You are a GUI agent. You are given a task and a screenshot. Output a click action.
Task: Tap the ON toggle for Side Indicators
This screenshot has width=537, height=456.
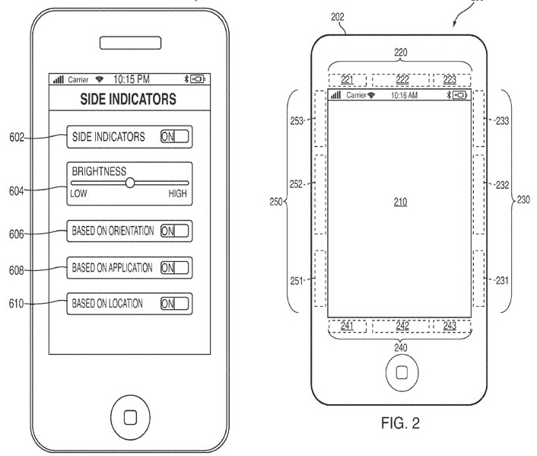click(174, 137)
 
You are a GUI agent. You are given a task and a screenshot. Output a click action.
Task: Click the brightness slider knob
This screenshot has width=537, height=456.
click(130, 183)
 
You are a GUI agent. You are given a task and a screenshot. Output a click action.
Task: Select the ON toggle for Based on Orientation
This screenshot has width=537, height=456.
click(174, 231)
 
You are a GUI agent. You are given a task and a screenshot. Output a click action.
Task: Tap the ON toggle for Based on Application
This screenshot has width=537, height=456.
click(174, 267)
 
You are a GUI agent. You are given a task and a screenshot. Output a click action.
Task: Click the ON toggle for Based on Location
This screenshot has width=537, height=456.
click(174, 304)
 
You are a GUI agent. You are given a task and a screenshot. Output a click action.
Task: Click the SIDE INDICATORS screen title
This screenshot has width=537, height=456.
click(128, 99)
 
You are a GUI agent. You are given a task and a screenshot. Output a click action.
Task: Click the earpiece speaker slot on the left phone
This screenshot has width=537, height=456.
click(127, 41)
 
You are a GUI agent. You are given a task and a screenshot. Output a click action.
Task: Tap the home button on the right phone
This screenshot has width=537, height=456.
click(401, 373)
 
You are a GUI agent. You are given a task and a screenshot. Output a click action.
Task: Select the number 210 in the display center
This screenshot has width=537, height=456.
click(400, 202)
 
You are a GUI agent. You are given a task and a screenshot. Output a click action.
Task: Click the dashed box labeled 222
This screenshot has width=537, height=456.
click(400, 80)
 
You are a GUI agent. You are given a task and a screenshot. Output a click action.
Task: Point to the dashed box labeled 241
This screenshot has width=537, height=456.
click(348, 326)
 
